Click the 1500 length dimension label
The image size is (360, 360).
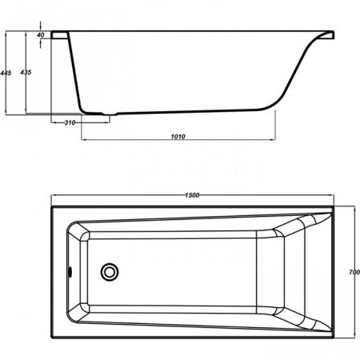coord(192,195)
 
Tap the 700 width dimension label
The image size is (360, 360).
coord(354,272)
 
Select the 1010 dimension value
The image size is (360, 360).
coord(178,137)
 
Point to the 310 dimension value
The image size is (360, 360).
coord(70,122)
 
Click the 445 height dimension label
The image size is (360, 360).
coord(6,73)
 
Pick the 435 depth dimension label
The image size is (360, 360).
coord(26,72)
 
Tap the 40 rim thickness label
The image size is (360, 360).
coord(41,35)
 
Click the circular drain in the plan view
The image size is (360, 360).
coord(110,272)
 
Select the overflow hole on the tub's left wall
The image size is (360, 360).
coord(70,271)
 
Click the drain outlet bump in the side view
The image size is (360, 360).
coord(110,114)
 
